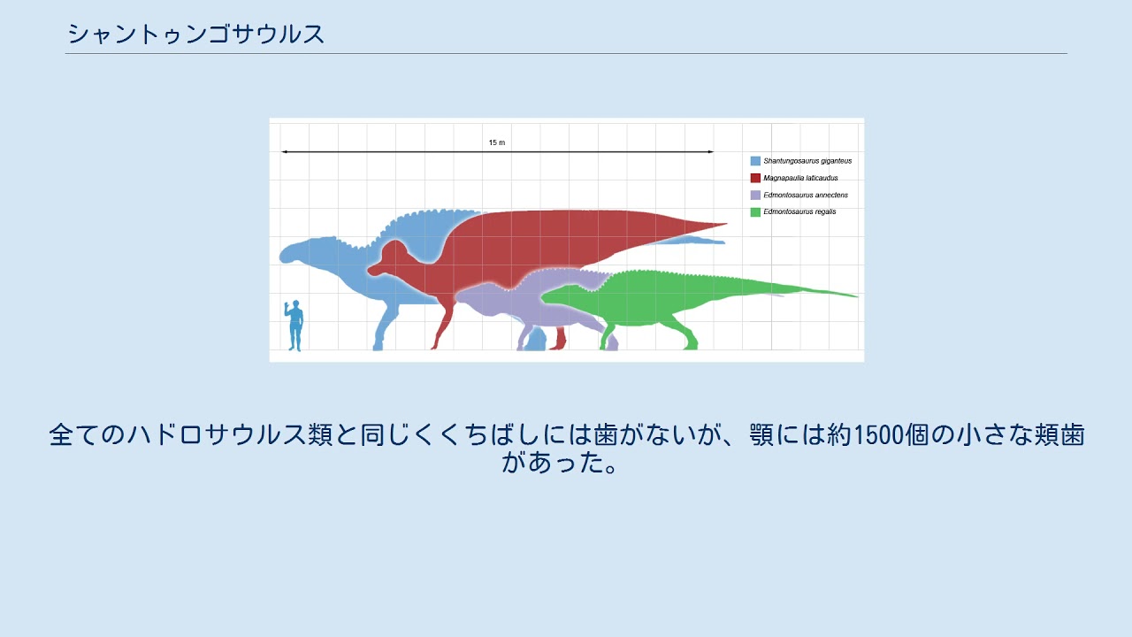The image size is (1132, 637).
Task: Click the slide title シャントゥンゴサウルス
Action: click(195, 35)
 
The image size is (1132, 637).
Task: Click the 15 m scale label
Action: click(497, 142)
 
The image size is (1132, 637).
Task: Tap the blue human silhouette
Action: click(294, 326)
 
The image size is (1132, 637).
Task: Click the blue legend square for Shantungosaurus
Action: click(755, 161)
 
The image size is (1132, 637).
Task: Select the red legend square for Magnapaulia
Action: click(755, 178)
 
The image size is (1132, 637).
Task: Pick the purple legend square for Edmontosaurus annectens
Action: click(755, 195)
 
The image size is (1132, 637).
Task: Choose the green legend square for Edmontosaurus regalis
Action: click(755, 211)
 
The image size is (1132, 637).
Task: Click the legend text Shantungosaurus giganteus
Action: click(807, 161)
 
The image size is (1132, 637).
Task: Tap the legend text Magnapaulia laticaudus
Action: click(800, 178)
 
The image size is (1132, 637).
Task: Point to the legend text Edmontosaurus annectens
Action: click(806, 195)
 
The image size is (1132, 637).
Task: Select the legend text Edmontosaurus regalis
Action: click(799, 211)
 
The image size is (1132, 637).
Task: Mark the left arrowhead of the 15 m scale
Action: click(284, 152)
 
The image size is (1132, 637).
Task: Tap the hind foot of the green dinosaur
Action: click(689, 346)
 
